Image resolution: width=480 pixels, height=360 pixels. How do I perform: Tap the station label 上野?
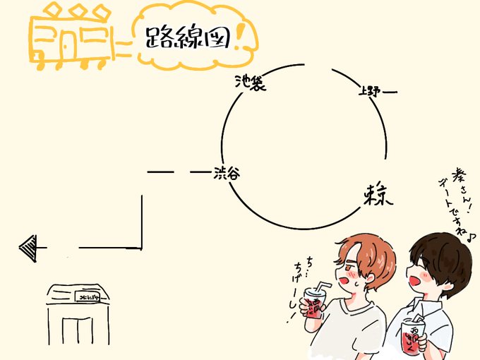(369, 90)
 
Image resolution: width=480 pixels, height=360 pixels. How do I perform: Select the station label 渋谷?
(226, 172)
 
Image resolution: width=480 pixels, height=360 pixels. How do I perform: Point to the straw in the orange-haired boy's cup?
(323, 285)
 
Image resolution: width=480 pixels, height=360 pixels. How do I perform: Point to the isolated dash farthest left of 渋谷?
(161, 172)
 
